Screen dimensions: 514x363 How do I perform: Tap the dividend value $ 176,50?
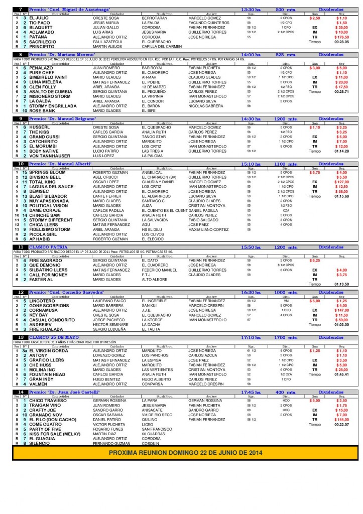click(342, 37)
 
